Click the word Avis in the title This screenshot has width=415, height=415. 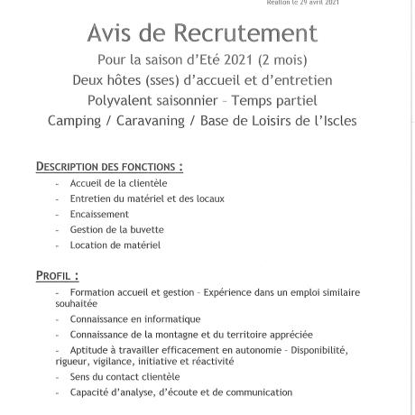109,33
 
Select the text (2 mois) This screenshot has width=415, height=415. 282,60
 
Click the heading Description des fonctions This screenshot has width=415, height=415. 109,167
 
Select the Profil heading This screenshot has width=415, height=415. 57,276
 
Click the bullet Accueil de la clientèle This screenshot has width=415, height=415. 118,183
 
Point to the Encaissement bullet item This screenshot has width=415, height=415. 99,214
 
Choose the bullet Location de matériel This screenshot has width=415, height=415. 115,244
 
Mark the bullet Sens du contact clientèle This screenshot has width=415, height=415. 124,376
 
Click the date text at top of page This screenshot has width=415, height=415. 302,3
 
